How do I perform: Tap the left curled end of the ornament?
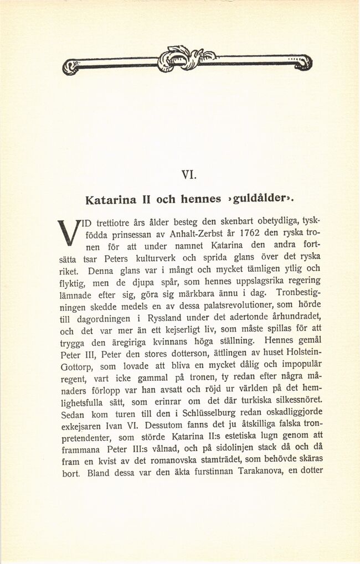click(x=70, y=68)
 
